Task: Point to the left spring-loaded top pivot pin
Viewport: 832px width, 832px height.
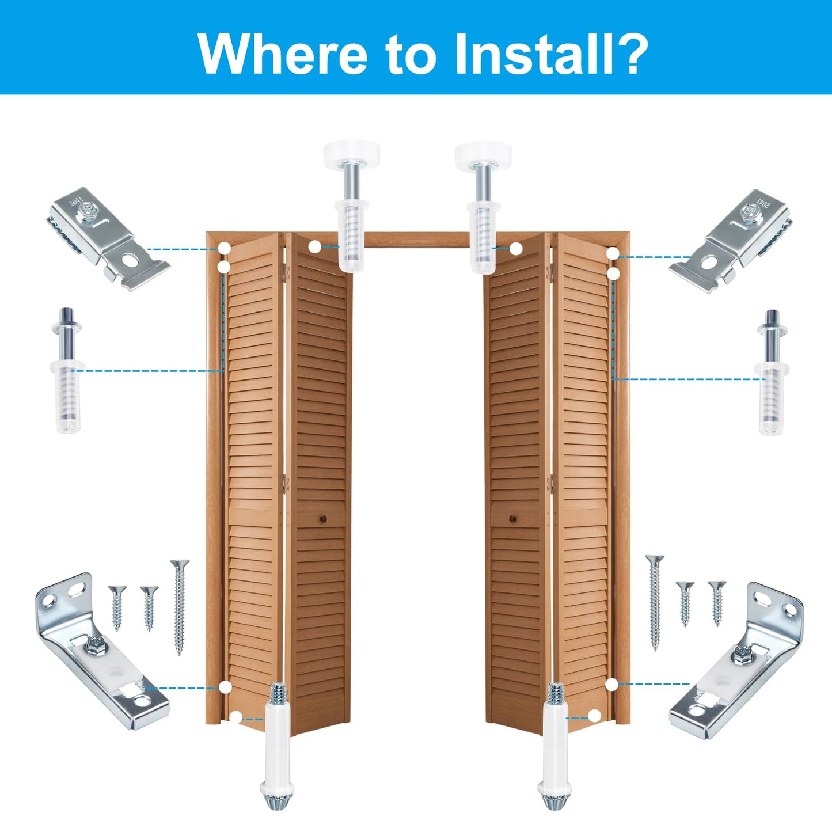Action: click(x=68, y=371)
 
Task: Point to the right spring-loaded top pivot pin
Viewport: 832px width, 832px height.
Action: click(x=771, y=373)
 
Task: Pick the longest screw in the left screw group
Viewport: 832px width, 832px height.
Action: click(x=179, y=607)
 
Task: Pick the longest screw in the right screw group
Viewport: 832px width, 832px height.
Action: click(x=655, y=602)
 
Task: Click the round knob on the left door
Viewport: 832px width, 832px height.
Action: click(x=320, y=519)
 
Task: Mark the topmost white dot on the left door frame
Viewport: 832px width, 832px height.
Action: click(x=225, y=249)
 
